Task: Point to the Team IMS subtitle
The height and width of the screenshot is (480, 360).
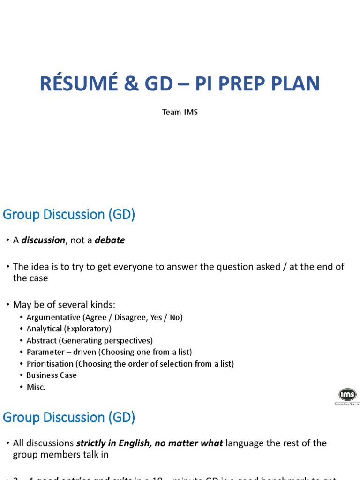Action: (180, 112)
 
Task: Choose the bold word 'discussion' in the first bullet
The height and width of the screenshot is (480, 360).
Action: (44, 240)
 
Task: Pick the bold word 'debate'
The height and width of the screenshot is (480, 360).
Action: (110, 240)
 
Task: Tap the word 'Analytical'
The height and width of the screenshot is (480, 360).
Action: (44, 329)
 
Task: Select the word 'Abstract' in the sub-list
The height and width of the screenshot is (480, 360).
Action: (41, 341)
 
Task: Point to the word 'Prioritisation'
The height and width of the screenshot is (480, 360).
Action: (50, 364)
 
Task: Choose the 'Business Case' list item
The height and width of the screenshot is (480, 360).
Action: (52, 375)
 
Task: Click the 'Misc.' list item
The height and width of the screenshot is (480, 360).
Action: (36, 387)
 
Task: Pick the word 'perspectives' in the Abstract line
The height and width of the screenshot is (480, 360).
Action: (127, 341)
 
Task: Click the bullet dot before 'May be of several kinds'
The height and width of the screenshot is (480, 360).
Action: (8, 305)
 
